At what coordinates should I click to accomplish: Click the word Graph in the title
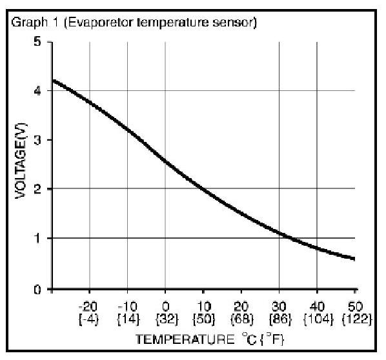coord(29,23)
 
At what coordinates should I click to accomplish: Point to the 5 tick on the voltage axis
coord(37,41)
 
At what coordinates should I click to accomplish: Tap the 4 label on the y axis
coord(37,91)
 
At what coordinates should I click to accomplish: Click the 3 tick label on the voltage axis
coord(37,140)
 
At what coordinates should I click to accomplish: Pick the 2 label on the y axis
coord(37,189)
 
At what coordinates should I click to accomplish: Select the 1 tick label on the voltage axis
coord(37,238)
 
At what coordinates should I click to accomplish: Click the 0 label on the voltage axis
coord(37,290)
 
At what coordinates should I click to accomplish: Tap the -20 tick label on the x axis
coord(88,306)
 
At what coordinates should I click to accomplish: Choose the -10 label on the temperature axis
coord(128,306)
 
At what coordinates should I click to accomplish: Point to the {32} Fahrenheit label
coord(167,319)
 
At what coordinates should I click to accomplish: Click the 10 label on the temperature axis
coord(204,306)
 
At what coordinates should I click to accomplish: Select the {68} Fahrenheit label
coord(242,319)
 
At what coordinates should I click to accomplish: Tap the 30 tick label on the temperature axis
coord(279,306)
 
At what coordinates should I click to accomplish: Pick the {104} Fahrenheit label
coord(319,319)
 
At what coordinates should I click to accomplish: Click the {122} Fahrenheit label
coord(357,319)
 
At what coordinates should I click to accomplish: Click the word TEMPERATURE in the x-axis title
coord(185,339)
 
